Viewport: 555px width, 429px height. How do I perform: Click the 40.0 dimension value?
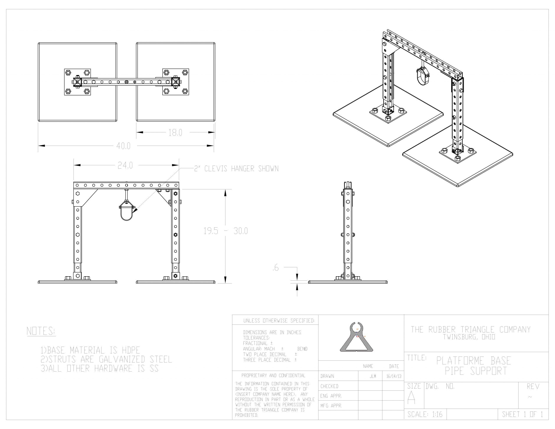coord(124,146)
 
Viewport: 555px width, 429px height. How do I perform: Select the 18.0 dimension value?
coord(175,133)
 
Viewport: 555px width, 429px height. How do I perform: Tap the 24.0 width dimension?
coord(125,165)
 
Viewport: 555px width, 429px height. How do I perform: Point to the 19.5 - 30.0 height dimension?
coord(226,231)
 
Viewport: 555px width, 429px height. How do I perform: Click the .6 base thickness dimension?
coord(276,268)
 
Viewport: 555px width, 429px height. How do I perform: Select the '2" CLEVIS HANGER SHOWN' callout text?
coord(236,169)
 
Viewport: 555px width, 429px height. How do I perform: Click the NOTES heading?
coord(41,331)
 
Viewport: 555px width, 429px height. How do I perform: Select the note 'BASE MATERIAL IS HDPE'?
coord(90,350)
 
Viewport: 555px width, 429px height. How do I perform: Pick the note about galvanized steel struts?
coord(106,359)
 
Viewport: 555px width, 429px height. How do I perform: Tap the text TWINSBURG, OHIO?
coord(469,337)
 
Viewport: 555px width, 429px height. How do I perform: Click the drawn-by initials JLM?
coord(373,376)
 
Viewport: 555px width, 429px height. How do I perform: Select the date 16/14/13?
coord(394,376)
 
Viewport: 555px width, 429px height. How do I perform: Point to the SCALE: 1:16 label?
coord(425,414)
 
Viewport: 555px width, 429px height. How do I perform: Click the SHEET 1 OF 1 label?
coord(522,414)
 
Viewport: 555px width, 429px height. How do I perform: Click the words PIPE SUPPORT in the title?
coord(476,371)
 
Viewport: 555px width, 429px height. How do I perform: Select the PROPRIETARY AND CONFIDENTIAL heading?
coord(273,375)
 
